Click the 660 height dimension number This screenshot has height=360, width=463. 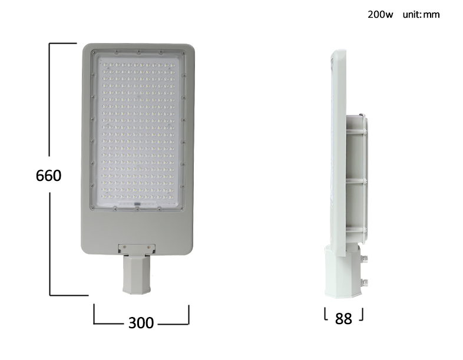(x=48, y=176)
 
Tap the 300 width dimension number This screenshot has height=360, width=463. (x=141, y=323)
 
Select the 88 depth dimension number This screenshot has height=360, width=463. (x=343, y=319)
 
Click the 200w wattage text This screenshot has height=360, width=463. (x=380, y=15)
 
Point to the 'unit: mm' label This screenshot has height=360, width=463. (x=421, y=15)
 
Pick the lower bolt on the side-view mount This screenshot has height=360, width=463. (x=365, y=282)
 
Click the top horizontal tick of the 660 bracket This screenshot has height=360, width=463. (x=63, y=43)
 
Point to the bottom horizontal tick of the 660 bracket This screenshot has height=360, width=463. (x=69, y=295)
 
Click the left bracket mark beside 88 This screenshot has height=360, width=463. (x=326, y=315)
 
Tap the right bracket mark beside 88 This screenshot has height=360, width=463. (x=362, y=315)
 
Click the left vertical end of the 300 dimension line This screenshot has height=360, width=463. (x=94, y=313)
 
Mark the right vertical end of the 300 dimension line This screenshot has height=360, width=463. (x=188, y=313)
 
